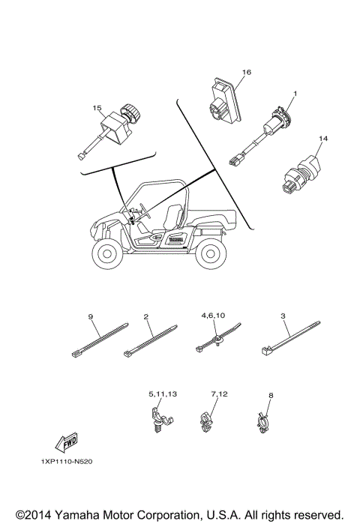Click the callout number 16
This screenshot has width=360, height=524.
(x=246, y=73)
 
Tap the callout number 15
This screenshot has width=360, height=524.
(x=97, y=109)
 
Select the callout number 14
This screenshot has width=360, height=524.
(x=323, y=139)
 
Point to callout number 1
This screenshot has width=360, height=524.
(x=295, y=94)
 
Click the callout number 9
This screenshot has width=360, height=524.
(x=90, y=317)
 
